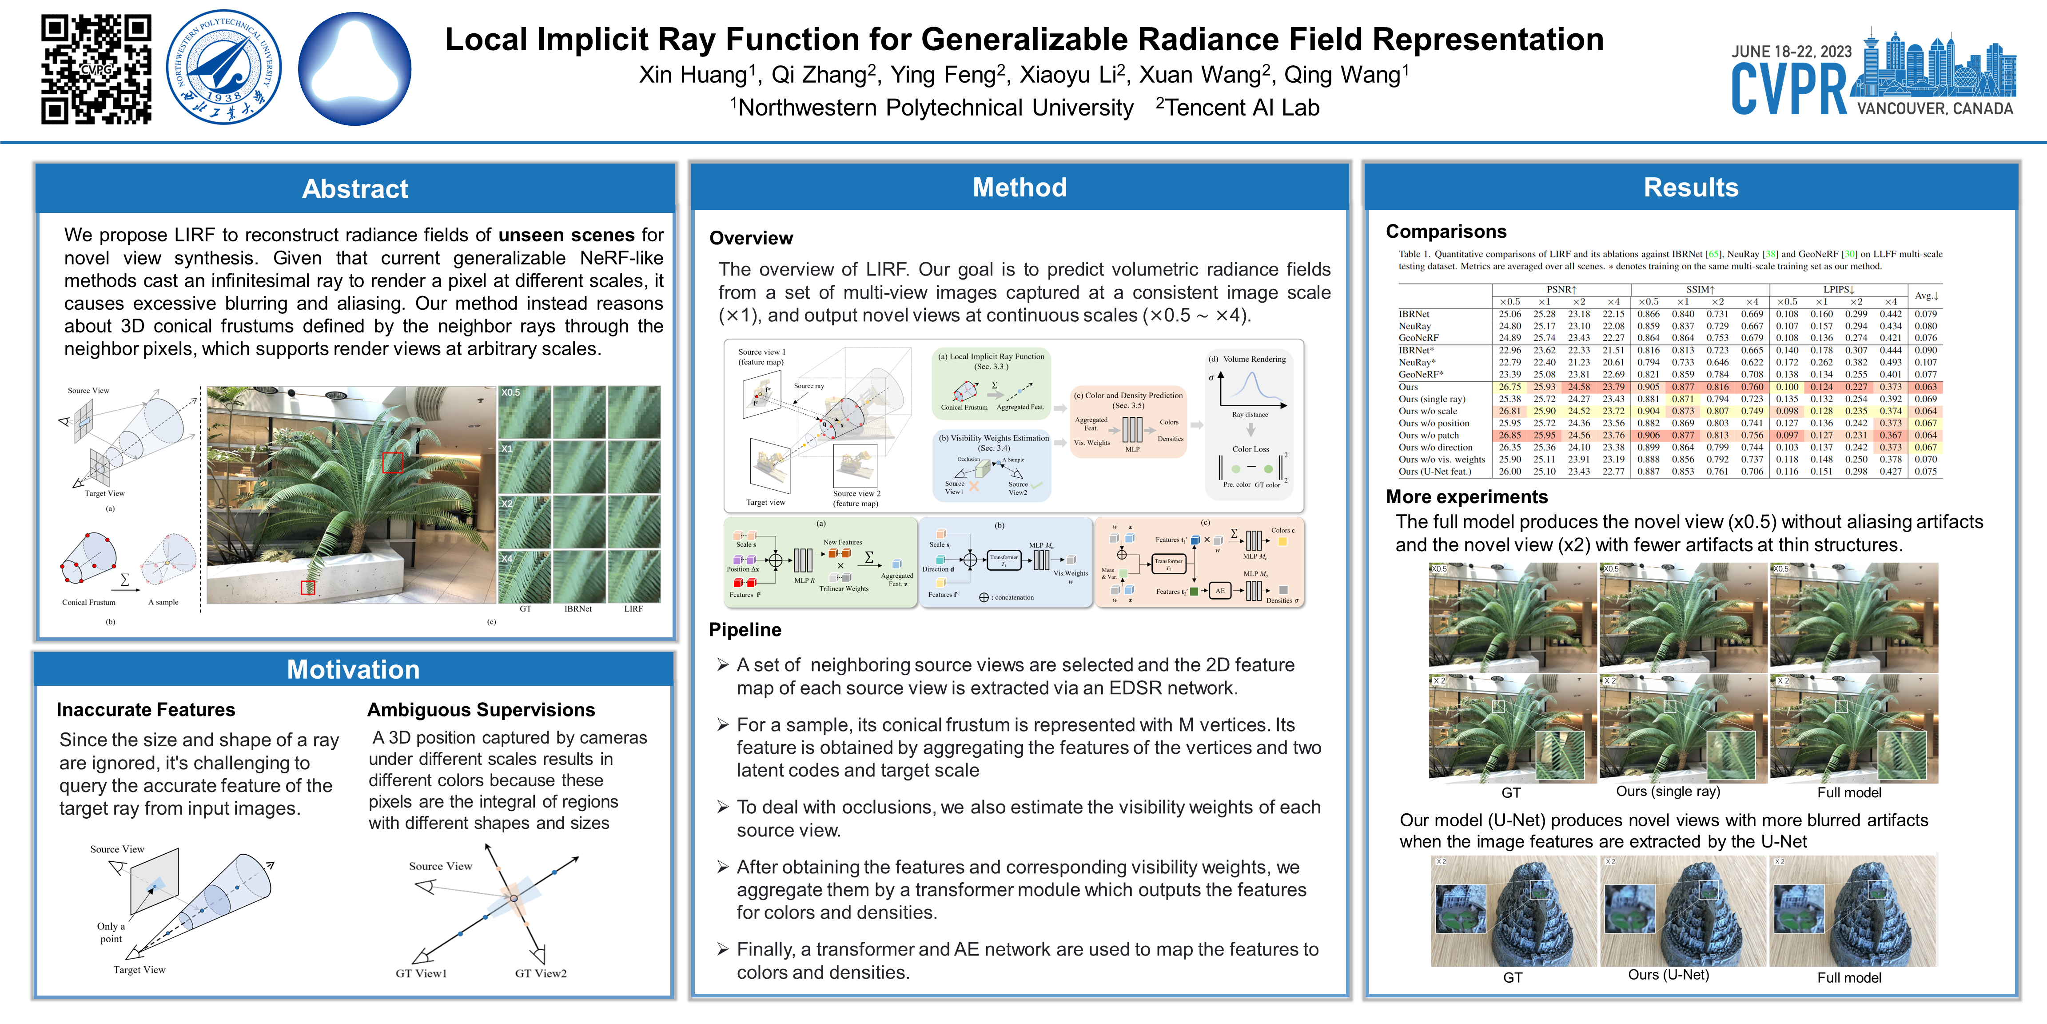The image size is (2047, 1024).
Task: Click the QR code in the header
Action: point(96,69)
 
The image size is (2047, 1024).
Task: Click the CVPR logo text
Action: point(1789,89)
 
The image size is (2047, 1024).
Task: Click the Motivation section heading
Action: point(353,669)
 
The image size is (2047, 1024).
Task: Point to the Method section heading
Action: point(1020,188)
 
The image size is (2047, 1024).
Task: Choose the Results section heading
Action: point(1690,188)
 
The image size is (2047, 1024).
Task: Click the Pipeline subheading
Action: point(745,630)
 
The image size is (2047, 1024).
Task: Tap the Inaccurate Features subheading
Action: point(145,709)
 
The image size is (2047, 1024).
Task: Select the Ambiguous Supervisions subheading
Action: point(481,709)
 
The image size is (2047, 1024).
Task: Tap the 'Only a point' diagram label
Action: point(111,932)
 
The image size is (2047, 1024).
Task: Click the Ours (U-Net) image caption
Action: point(1668,975)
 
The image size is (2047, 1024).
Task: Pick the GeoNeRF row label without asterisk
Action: point(1418,338)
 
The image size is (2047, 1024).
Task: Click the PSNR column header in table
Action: point(1561,289)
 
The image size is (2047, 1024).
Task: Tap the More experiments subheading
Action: point(1466,497)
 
